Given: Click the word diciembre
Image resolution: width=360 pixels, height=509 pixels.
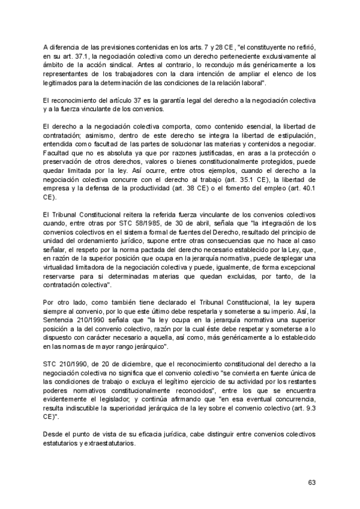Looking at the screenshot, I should tap(125, 366).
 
